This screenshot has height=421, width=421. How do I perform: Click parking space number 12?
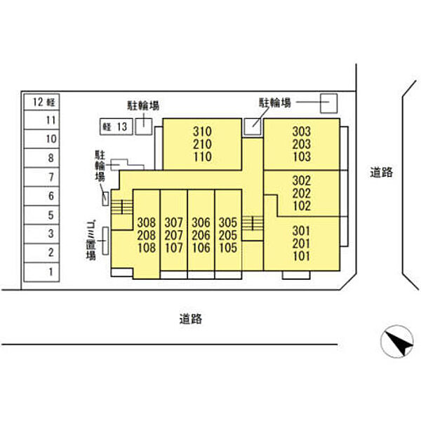tap(41, 102)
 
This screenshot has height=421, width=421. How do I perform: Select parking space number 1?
tap(41, 272)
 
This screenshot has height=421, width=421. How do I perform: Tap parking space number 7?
tap(41, 177)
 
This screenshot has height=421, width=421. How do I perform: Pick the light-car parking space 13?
tap(116, 126)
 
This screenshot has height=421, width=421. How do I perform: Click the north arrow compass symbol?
tap(397, 341)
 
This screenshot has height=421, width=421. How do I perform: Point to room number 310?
tap(202, 132)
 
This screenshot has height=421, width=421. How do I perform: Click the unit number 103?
tap(302, 156)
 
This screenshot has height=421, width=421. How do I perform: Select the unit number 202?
tap(302, 194)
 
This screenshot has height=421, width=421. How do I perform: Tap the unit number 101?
tap(302, 256)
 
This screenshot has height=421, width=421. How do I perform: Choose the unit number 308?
tap(147, 222)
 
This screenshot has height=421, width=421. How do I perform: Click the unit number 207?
tap(174, 235)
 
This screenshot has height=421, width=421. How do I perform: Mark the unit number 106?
tap(201, 248)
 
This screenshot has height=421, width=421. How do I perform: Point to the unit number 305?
tap(228, 222)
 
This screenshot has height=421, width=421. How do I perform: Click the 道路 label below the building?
tap(191, 319)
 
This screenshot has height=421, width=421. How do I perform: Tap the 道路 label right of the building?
tap(382, 172)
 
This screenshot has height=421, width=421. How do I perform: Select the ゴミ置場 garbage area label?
tap(91, 241)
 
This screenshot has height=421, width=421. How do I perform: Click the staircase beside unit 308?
tap(122, 207)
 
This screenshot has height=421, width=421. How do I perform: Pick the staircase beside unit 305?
tap(253, 223)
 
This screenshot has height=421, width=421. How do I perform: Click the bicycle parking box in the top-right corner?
tap(329, 103)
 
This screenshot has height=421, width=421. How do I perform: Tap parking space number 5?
tap(41, 215)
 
